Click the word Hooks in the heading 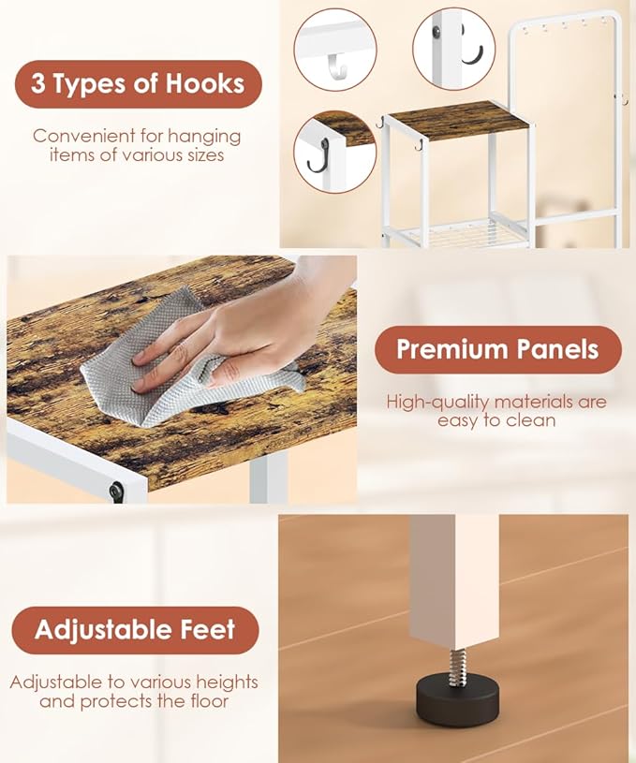(204, 83)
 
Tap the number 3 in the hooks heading (38, 83)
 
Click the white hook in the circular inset (337, 66)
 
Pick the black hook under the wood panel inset (318, 155)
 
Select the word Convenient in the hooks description (82, 136)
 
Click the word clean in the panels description (531, 420)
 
